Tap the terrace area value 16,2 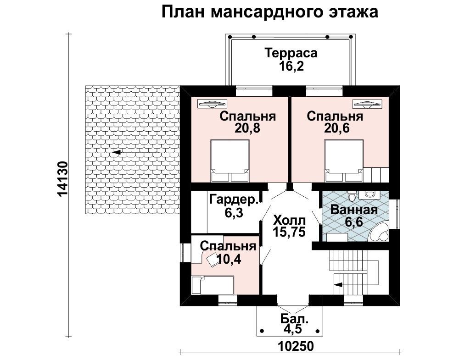291,66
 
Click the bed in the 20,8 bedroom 230,161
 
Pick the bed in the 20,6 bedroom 344,161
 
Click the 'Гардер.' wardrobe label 235,200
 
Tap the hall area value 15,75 289,232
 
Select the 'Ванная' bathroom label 354,210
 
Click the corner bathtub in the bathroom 379,232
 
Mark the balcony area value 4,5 292,330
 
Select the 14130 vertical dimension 63,179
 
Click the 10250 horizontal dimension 296,346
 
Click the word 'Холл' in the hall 289,220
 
